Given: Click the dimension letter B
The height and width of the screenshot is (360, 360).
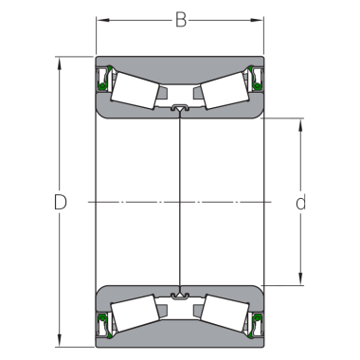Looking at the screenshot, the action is click(181, 20).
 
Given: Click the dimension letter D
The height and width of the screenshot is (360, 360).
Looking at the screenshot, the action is click(61, 202).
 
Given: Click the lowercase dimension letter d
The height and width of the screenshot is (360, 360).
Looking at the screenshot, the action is click(301, 202).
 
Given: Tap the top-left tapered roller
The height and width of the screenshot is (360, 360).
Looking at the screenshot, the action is click(135, 91).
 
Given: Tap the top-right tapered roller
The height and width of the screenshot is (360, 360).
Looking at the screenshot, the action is click(225, 90).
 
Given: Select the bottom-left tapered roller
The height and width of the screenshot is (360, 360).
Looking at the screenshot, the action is click(135, 314).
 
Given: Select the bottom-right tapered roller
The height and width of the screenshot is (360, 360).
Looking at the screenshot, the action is click(225, 314).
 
